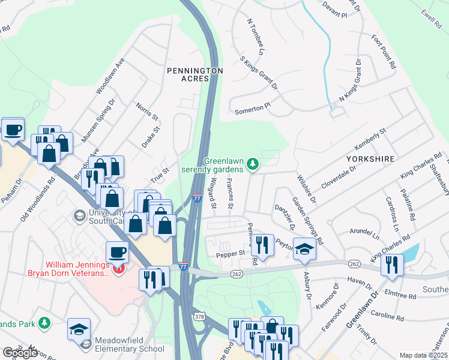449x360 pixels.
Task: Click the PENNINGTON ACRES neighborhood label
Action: coord(194,75)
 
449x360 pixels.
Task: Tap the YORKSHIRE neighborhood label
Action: coord(370,159)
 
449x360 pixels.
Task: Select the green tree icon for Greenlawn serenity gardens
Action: coord(253,164)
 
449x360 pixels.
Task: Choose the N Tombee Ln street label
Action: coord(256,37)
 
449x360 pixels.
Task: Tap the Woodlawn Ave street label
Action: coord(110,76)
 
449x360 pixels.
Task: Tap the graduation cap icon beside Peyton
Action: coord(304,248)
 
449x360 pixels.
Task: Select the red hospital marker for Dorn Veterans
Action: coord(119,269)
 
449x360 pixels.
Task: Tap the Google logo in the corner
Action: coord(20,353)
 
